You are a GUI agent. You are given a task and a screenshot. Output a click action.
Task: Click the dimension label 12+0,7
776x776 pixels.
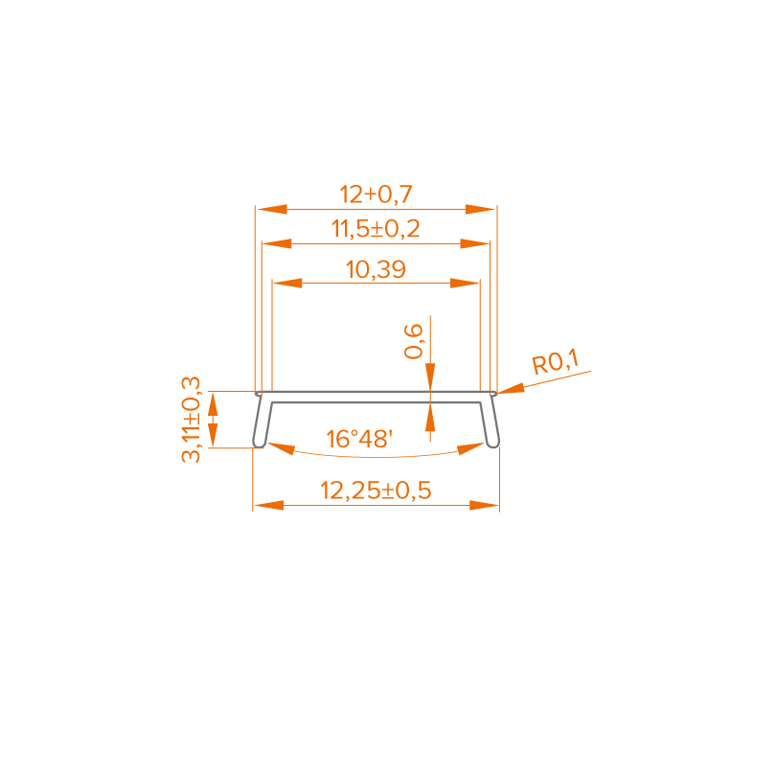tap(376, 194)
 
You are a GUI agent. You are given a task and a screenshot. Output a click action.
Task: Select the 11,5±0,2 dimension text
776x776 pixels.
tap(376, 230)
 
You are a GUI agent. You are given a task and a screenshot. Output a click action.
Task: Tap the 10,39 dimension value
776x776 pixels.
tap(376, 270)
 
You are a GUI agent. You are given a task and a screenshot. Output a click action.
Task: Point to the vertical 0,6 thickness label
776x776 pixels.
tap(414, 341)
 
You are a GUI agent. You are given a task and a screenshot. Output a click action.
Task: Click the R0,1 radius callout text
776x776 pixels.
tap(556, 364)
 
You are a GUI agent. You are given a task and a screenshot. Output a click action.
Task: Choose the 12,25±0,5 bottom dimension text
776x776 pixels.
tap(376, 491)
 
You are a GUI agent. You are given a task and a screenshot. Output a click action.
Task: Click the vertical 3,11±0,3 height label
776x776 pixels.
tap(192, 420)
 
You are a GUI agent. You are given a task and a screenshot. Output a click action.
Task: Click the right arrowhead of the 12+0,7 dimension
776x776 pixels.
tap(481, 208)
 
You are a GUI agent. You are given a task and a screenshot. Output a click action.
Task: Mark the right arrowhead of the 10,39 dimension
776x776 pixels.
tap(465, 284)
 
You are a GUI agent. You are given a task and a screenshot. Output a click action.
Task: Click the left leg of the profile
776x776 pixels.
tap(259, 422)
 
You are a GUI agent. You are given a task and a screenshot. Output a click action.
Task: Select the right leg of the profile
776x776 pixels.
tap(491, 422)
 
